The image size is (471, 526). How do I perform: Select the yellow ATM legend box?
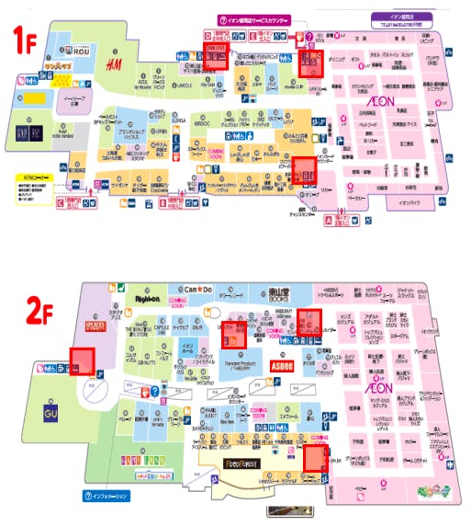coord(35,172)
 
